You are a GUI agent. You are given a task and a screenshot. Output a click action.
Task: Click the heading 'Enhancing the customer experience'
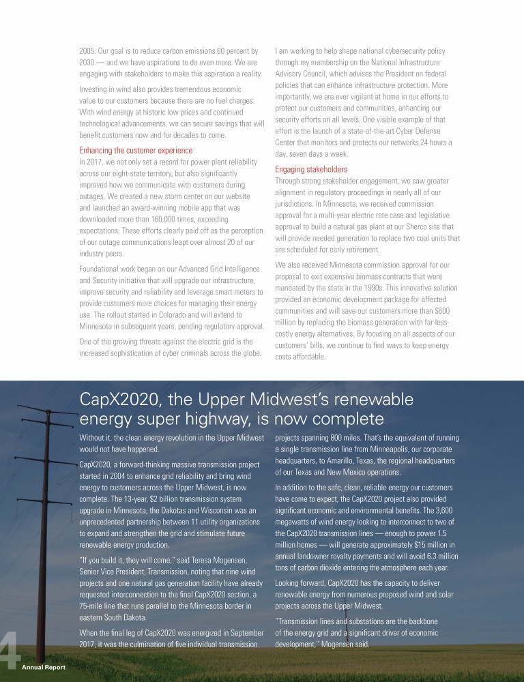pyautogui.click(x=136, y=150)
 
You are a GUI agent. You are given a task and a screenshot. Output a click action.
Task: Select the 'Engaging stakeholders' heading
pyautogui.click(x=310, y=169)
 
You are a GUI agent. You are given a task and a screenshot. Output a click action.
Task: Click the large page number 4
pyautogui.click(x=9, y=655)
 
